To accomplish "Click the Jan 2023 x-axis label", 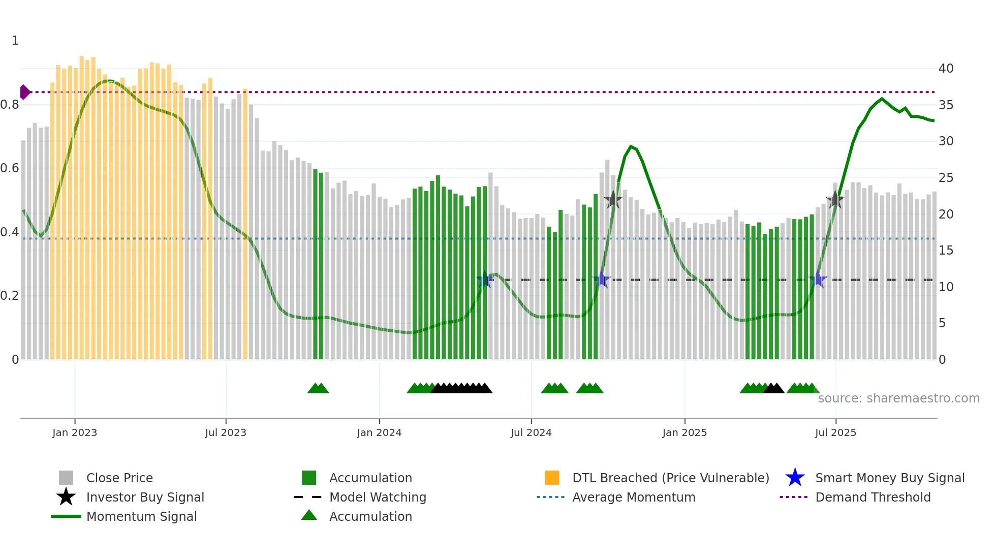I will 75,432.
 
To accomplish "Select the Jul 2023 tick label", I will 226,432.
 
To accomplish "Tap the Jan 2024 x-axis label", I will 379,432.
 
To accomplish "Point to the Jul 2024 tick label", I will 531,432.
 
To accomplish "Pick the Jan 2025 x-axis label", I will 684,432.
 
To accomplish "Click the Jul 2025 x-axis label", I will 835,432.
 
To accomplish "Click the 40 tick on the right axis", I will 946,69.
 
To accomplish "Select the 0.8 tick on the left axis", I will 10,105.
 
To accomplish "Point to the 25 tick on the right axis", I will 946,178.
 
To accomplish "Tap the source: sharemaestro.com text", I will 898,398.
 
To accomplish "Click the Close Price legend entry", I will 119,478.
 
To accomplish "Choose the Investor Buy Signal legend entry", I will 145,497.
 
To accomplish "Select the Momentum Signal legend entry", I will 141,516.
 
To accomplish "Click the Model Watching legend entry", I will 378,497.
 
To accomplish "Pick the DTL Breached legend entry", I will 670,478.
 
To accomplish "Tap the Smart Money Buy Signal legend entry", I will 890,478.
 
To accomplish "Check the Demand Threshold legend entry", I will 873,497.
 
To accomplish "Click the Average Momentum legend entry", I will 634,497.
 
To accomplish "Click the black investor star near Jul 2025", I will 835,200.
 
